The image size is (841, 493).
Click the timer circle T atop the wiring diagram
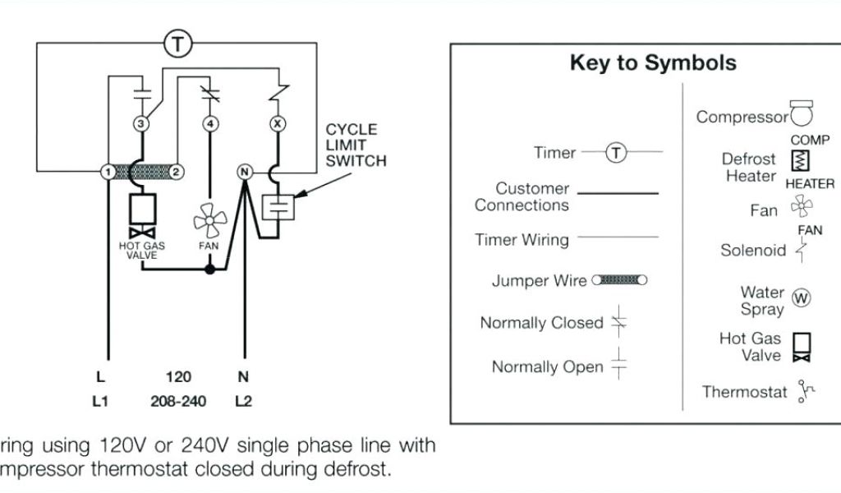[x=177, y=44]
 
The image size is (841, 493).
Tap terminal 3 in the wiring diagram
[x=140, y=124]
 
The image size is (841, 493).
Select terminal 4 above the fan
[x=211, y=124]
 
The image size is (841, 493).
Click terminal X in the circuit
[x=277, y=124]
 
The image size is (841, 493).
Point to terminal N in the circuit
[x=243, y=172]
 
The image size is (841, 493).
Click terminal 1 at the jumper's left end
[x=107, y=172]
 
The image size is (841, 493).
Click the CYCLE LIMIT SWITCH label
[x=356, y=145]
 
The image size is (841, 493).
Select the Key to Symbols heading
[x=653, y=63]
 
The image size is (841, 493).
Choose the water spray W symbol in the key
[x=801, y=297]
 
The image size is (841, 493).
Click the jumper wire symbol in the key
[x=619, y=280]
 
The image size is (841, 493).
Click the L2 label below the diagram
[x=244, y=402]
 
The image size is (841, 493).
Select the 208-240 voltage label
[x=178, y=402]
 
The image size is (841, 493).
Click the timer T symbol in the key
[x=616, y=153]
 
